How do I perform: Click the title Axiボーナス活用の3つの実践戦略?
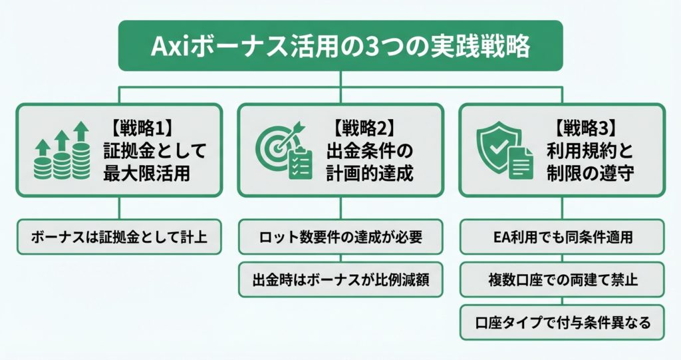click(x=340, y=47)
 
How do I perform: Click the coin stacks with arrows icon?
click(x=62, y=150)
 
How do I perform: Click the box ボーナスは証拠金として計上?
click(x=118, y=236)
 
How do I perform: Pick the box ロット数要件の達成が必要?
click(x=340, y=236)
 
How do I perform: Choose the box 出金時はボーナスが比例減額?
click(x=340, y=280)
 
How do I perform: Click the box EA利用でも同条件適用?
click(x=562, y=236)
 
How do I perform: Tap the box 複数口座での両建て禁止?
click(x=562, y=280)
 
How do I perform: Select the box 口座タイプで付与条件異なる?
click(x=562, y=323)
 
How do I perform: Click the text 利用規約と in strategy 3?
click(x=589, y=150)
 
